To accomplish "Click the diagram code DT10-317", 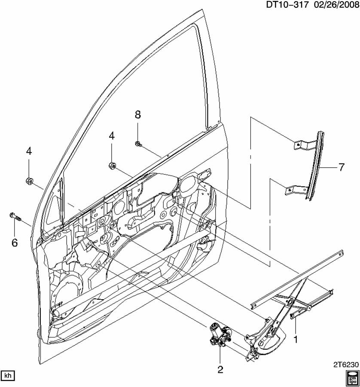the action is tap(287, 5).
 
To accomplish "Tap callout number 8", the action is tap(137, 114).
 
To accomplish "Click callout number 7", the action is tap(341, 168).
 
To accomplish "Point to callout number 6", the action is tap(15, 243).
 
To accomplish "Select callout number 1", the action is tap(295, 340).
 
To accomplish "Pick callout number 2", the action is tap(220, 369).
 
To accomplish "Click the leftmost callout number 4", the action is tap(29, 151).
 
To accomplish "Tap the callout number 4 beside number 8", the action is tap(112, 135).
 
